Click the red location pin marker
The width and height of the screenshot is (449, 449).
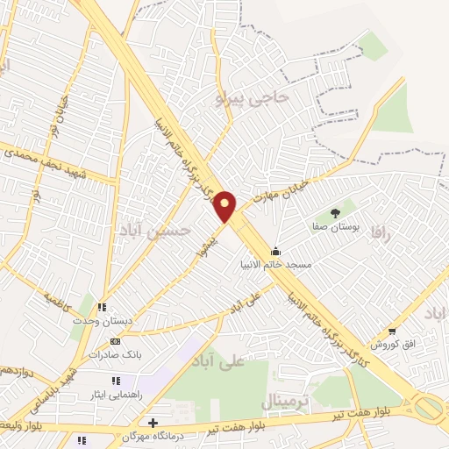pos(226,206)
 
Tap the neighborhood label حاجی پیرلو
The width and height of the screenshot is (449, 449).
pos(251,98)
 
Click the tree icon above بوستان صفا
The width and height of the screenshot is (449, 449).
pos(334,212)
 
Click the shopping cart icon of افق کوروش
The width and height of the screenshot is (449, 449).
pos(391,331)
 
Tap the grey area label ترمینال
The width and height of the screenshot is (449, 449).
pos(286,402)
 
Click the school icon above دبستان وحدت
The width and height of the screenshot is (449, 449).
pos(102,308)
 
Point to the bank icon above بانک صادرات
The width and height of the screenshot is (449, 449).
pos(113,342)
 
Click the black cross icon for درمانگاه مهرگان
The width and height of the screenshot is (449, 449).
pos(153,423)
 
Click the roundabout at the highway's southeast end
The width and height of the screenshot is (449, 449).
pos(429,406)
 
